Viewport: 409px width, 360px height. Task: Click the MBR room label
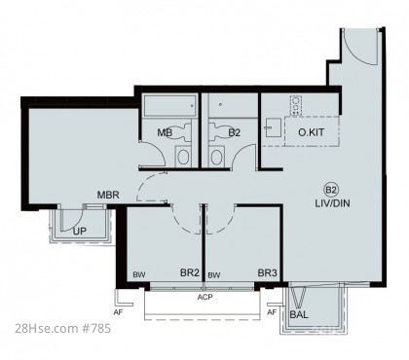point(108,195)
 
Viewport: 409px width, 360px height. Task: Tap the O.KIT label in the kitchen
point(311,132)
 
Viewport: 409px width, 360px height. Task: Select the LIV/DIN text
point(332,203)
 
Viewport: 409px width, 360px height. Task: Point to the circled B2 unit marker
point(331,190)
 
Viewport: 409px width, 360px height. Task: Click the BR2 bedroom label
point(190,272)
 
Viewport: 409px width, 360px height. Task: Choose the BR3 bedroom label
point(268,272)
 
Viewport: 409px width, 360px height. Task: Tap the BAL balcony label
point(299,314)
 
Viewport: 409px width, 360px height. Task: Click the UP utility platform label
point(80,232)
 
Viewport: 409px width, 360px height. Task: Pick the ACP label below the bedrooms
point(204,297)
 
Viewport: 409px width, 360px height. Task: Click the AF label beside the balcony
point(272,312)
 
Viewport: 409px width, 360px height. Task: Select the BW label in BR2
point(139,275)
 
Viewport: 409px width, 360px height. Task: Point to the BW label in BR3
point(214,275)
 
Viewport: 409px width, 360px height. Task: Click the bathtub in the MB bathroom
point(170,105)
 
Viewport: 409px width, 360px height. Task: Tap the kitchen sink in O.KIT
point(273,127)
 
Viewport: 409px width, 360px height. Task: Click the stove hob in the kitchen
point(296,105)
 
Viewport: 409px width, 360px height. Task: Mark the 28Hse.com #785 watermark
point(63,329)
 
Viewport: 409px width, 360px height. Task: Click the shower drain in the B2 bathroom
point(221,104)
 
